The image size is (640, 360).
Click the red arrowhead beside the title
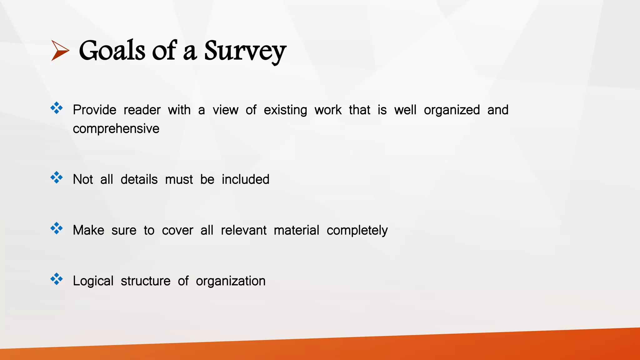pos(60,50)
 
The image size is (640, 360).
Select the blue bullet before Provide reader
pos(57,108)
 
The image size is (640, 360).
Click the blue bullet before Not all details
pos(57,177)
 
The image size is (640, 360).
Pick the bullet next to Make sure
pos(57,228)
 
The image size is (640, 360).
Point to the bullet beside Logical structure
pos(57,279)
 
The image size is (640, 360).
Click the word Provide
pos(94,110)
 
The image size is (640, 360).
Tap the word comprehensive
pos(116,129)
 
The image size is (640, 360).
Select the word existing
pos(285,110)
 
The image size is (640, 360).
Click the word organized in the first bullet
pos(452,110)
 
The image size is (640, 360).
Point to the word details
pos(139,179)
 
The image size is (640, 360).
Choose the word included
pos(245,179)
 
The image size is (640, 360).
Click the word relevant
pos(243,230)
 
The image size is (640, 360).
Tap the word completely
pos(357,231)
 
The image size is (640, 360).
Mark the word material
pos(296,230)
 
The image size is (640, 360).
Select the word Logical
pos(93,281)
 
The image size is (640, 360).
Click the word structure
pos(146,281)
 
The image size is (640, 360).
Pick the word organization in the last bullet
pos(231,281)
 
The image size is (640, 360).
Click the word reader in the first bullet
pos(142,110)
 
